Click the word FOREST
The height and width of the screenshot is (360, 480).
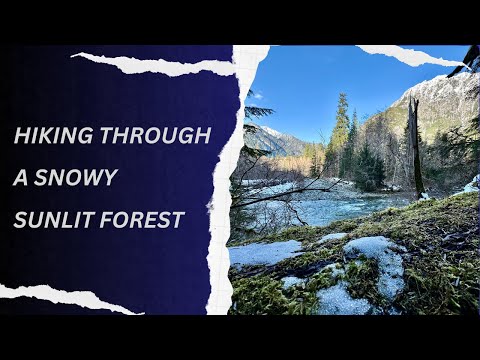[x=145, y=220]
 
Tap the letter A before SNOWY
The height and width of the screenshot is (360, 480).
[x=21, y=179]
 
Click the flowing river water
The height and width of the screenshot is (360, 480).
[x=330, y=210]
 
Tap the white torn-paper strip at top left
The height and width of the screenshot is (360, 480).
[x=150, y=65]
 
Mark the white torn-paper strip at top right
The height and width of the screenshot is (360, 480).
[x=410, y=56]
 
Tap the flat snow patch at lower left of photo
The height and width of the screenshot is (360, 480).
[x=262, y=253]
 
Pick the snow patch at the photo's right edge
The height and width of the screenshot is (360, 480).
[x=471, y=184]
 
